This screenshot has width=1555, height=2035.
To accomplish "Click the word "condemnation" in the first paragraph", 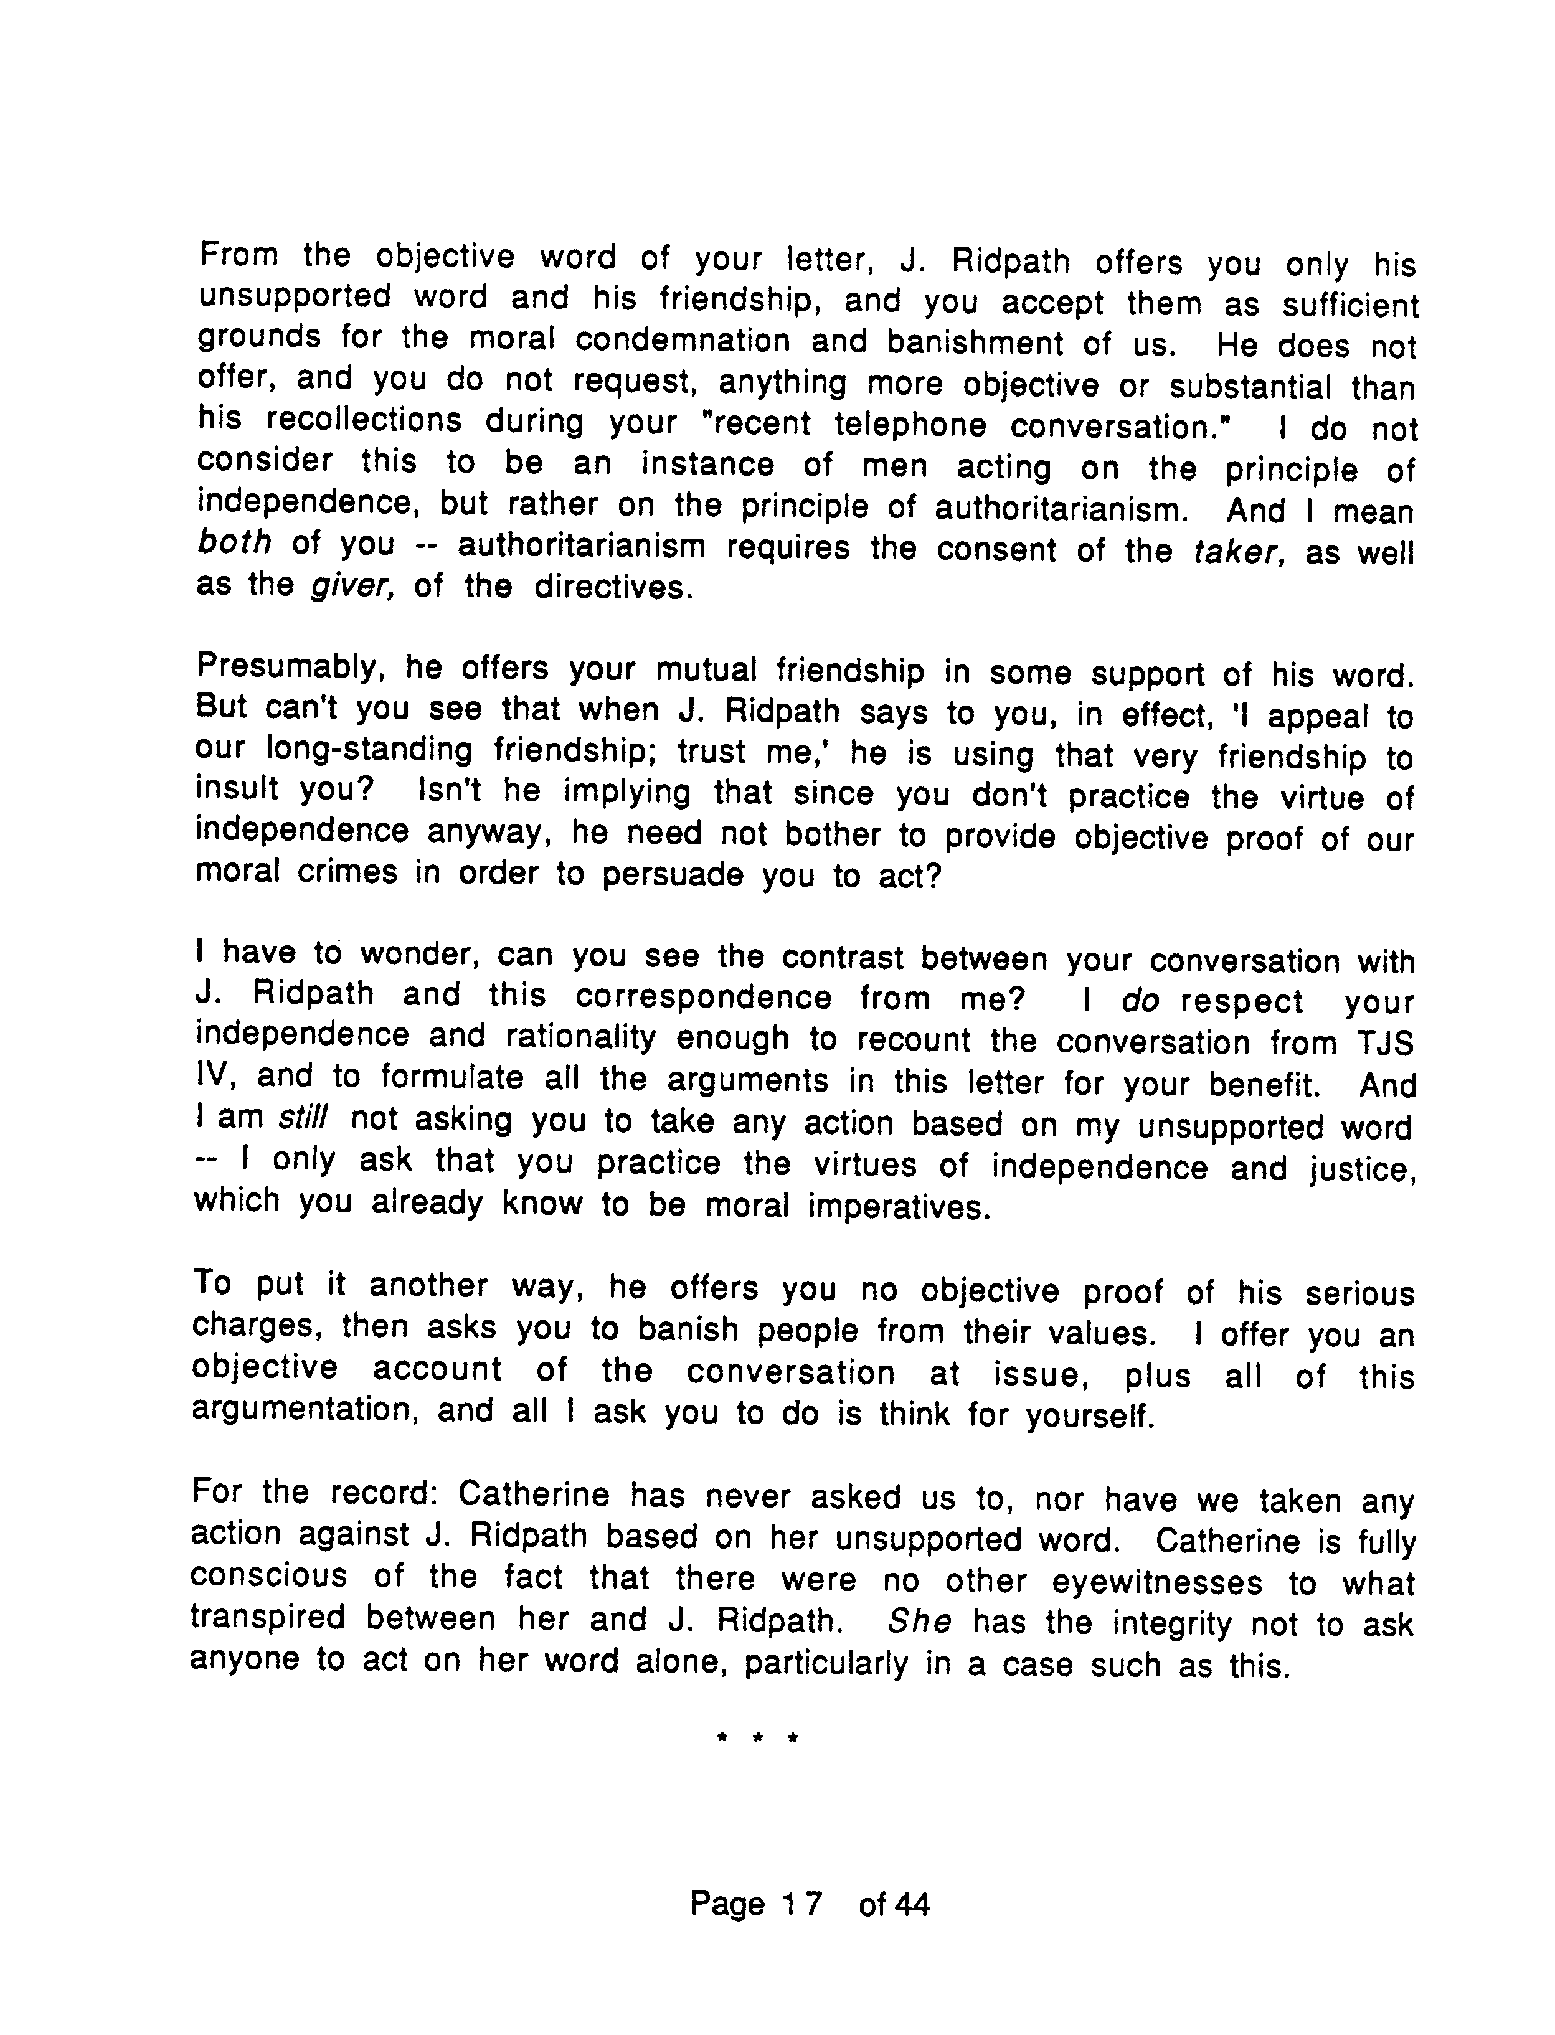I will (682, 341).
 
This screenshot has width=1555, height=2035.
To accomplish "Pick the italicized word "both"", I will (234, 542).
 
